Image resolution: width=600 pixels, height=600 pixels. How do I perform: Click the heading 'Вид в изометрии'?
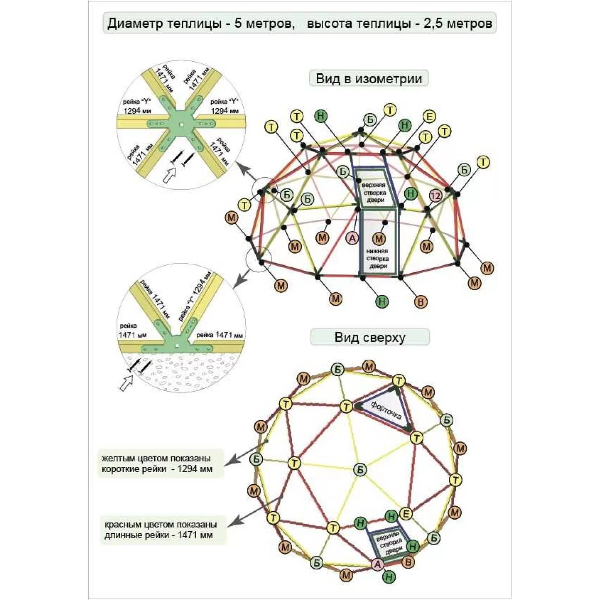[x=369, y=79]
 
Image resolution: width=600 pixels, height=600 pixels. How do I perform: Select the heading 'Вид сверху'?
[x=370, y=337]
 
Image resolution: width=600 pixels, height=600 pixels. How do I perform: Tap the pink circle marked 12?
[x=435, y=196]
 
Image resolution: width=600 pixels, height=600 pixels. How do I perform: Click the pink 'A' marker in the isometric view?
[x=352, y=238]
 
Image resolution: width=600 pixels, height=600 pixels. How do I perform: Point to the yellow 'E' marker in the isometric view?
[x=429, y=117]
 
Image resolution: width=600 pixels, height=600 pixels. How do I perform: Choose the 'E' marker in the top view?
[x=406, y=513]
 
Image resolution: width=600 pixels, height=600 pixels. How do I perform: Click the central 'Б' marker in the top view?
[x=360, y=469]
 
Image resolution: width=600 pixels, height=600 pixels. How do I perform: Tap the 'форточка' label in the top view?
[x=386, y=410]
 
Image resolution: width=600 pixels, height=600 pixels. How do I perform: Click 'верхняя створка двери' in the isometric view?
[x=374, y=192]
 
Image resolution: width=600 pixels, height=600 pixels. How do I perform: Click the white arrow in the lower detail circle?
[x=126, y=383]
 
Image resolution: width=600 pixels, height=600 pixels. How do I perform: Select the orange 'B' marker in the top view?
[x=408, y=562]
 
